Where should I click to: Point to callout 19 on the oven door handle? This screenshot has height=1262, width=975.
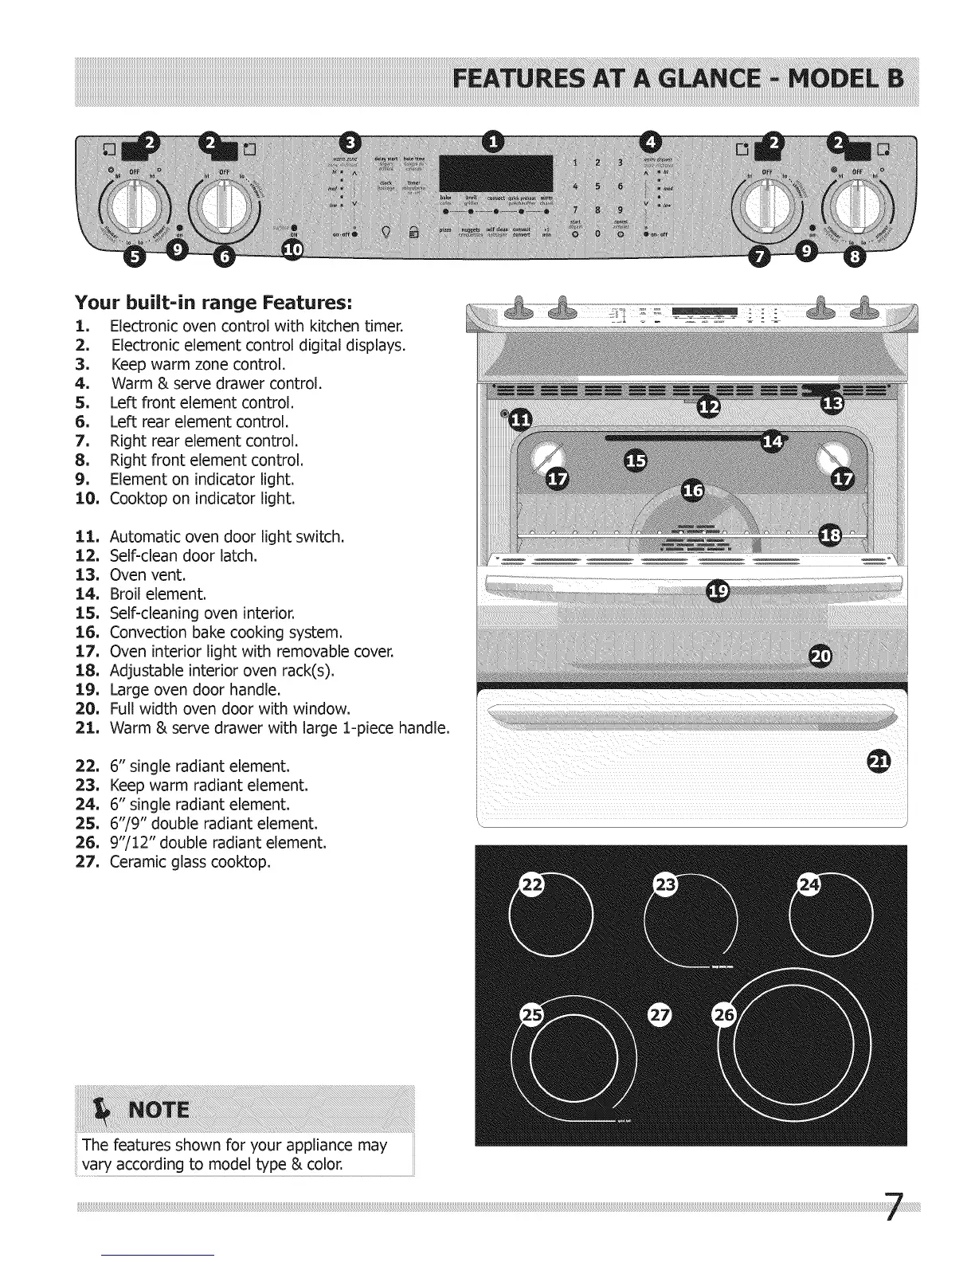[718, 590]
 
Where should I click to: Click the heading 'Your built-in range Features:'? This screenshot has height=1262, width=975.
[213, 303]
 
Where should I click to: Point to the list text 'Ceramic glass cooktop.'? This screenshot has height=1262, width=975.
[190, 862]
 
